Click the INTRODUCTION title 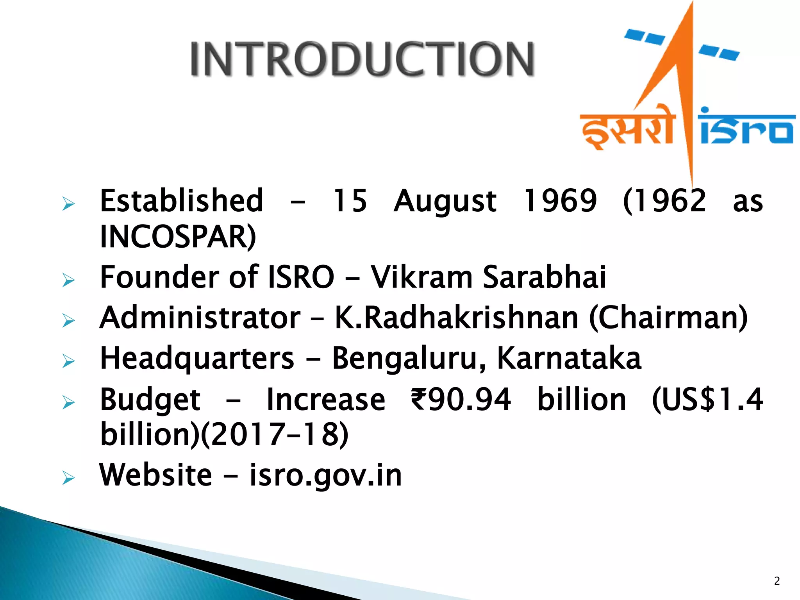[x=362, y=59]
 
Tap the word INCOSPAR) [x=178, y=237]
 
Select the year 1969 [x=560, y=201]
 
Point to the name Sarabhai [x=544, y=277]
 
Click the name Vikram [x=421, y=277]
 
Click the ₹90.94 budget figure [x=461, y=399]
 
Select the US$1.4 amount [x=707, y=399]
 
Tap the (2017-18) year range [x=275, y=434]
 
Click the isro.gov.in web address [x=325, y=475]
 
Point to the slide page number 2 [x=777, y=581]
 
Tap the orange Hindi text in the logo [x=627, y=127]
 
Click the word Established [x=182, y=201]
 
